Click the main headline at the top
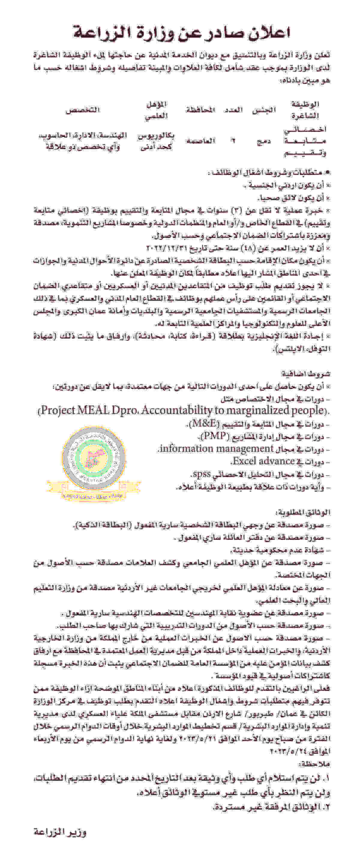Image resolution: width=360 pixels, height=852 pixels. click(181, 33)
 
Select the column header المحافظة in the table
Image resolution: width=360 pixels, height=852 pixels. click(200, 110)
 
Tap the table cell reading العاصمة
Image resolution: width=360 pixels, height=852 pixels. click(200, 141)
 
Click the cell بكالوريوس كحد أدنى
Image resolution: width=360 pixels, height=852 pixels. click(156, 141)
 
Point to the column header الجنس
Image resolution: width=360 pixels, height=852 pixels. click(264, 110)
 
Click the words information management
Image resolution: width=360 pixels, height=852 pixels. click(217, 449)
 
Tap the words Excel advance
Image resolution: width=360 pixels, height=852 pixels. click(263, 461)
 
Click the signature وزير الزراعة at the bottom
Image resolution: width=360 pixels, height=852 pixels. click(60, 832)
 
